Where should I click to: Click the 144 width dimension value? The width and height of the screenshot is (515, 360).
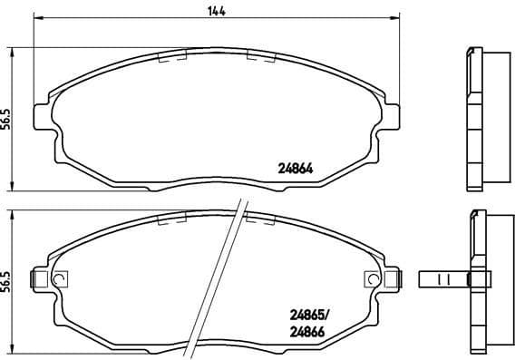215,10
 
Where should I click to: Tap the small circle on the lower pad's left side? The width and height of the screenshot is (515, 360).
60,279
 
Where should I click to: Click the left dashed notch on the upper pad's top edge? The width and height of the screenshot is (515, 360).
172,56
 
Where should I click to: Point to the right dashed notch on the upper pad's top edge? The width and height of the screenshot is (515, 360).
261,56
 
